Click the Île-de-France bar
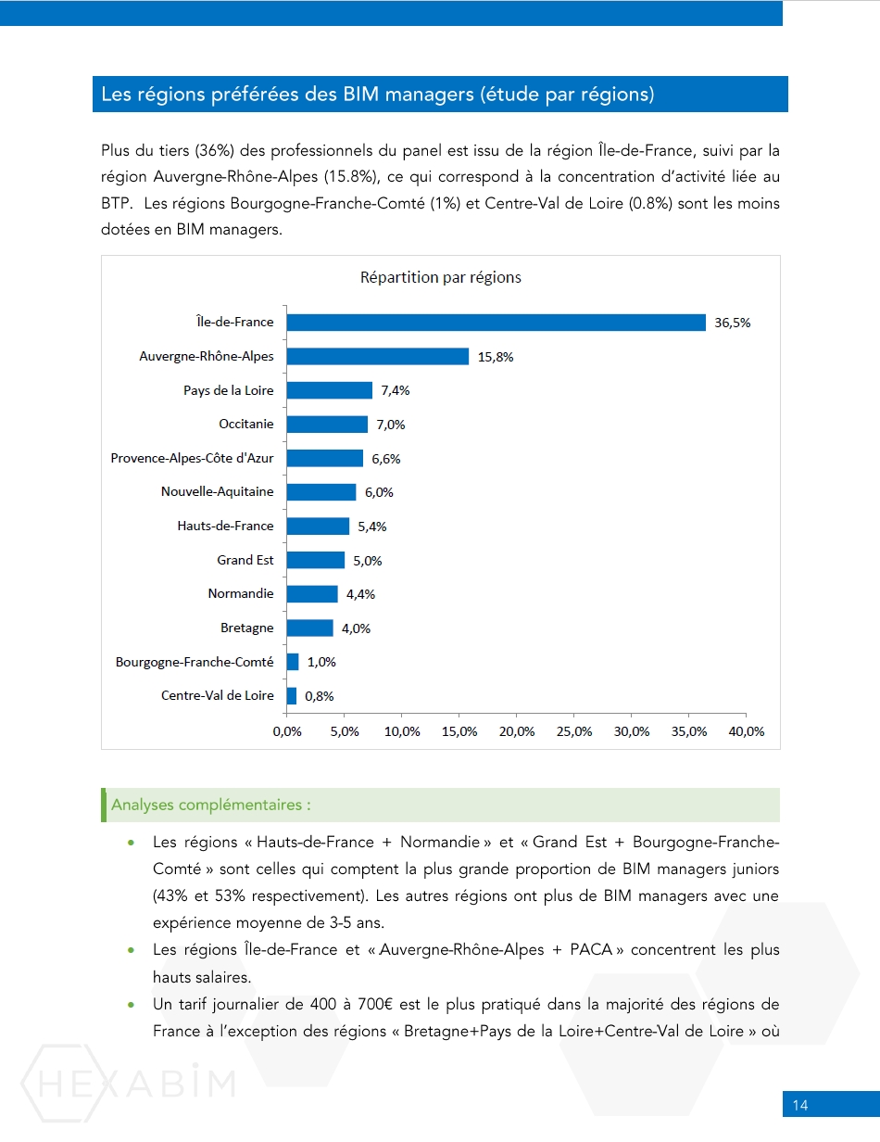click(496, 322)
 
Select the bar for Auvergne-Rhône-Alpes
click(377, 356)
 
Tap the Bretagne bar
click(309, 628)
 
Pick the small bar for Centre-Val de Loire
click(292, 695)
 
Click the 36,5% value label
click(732, 323)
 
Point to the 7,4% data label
click(395, 390)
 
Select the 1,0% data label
click(321, 662)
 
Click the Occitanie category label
click(246, 424)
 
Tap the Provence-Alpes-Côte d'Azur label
click(192, 458)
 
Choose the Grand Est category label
click(245, 560)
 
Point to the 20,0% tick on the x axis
click(517, 731)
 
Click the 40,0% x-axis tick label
click(747, 731)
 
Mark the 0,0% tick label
click(287, 731)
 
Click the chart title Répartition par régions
click(441, 277)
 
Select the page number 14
click(800, 1105)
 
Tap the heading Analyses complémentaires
click(210, 805)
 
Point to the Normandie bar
click(311, 593)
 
